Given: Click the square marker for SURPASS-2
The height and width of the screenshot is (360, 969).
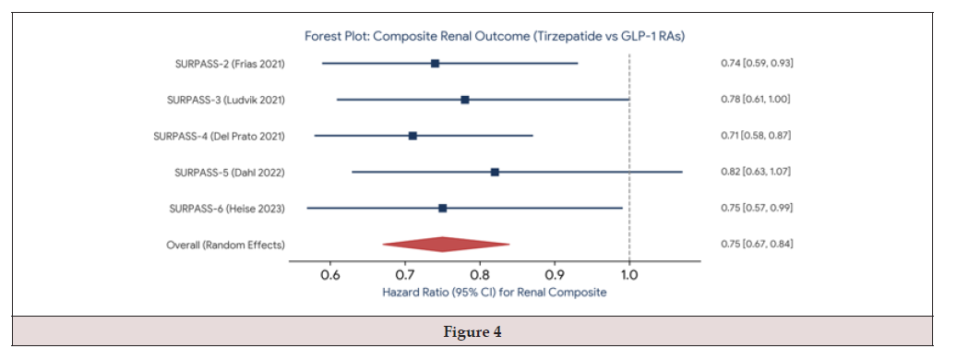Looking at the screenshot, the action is pos(435,63).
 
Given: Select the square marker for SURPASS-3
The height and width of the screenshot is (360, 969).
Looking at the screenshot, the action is pos(465,100).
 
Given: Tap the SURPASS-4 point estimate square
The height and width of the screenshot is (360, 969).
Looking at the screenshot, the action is pos(413,136).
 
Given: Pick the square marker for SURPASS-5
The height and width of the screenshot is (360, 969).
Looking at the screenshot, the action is pos(495,172).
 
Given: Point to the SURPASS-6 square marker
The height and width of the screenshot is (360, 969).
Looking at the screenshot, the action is pos(442,208).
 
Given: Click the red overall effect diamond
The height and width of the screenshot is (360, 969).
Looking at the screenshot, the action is pos(446,245).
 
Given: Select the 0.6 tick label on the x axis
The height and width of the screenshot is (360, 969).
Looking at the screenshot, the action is pos(330,274).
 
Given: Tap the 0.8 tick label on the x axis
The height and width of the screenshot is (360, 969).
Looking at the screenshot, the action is pos(480,274).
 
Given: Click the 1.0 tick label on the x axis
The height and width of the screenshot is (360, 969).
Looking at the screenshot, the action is pos(629,274).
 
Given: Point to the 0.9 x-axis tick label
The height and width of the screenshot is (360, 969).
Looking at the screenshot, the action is pos(555,274).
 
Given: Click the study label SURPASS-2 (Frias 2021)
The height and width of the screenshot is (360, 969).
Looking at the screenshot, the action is pos(231,64).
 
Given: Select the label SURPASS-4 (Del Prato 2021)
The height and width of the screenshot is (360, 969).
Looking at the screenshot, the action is pos(220,136).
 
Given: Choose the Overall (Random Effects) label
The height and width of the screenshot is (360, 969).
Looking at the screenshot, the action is pos(225,245).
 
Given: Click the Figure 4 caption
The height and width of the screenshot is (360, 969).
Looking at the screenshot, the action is pos(473,332).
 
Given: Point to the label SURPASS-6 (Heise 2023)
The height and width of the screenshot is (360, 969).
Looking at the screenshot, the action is pos(227,209).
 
